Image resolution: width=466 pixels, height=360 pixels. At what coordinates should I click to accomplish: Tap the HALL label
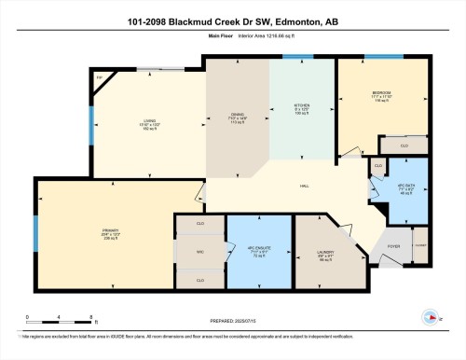304,187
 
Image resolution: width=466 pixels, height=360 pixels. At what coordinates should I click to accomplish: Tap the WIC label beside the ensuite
199,252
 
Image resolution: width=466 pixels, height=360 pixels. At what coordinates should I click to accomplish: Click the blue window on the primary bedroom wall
36,229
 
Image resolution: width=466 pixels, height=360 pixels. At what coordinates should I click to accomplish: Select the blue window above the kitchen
298,58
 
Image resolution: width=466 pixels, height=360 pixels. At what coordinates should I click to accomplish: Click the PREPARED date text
234,320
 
